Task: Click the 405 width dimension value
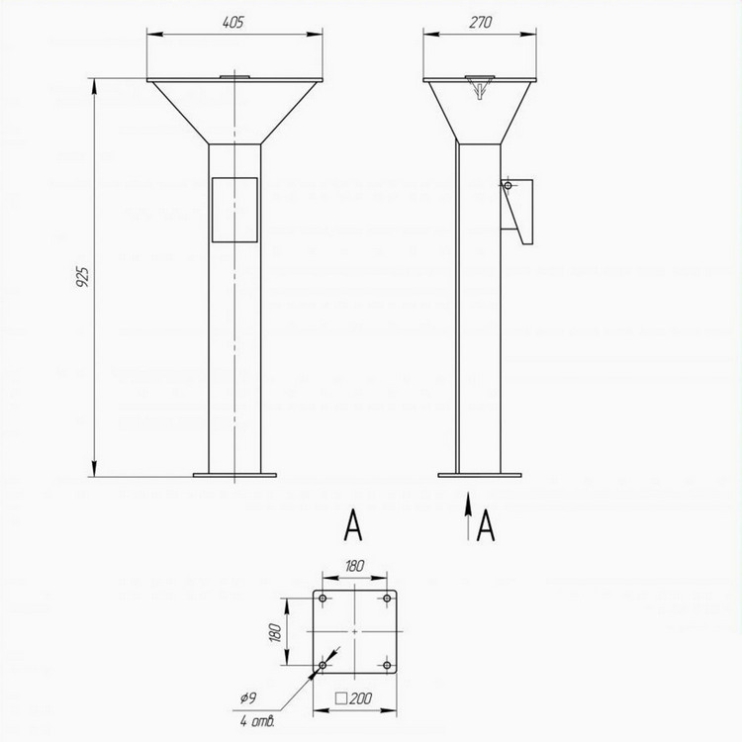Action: click(x=232, y=22)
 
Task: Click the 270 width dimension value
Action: click(x=480, y=22)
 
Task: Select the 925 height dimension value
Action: click(x=82, y=277)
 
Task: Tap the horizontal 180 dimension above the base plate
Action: click(x=354, y=566)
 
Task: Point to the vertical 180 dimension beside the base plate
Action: click(x=275, y=632)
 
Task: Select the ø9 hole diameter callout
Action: click(x=248, y=697)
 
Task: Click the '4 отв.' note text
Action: click(x=257, y=721)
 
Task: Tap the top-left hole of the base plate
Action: click(x=323, y=599)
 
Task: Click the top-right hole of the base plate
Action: click(x=387, y=599)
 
